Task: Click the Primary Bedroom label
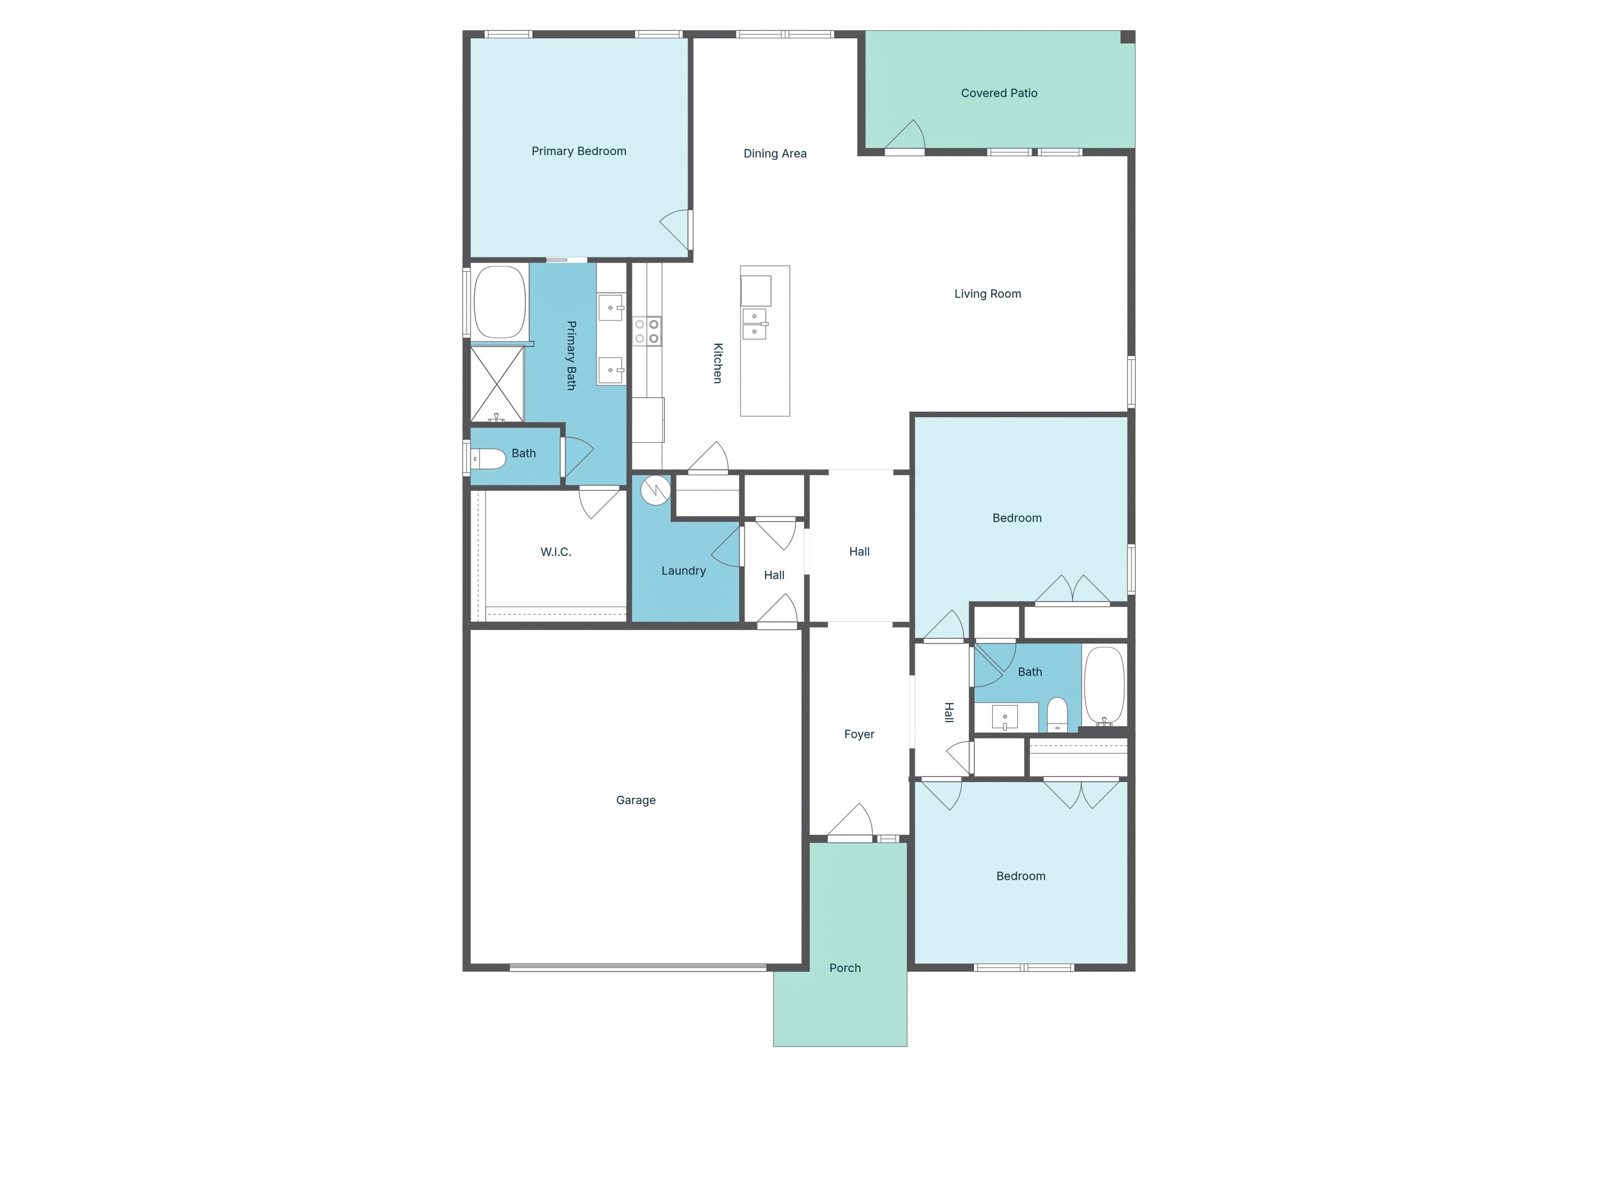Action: tap(578, 151)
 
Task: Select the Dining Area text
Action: tap(774, 153)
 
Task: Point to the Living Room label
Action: tap(987, 294)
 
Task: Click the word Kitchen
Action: tap(718, 363)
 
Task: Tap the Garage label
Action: tap(635, 800)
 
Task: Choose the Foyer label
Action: tap(859, 734)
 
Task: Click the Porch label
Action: tap(844, 968)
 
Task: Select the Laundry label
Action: tap(683, 571)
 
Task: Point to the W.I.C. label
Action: tap(556, 552)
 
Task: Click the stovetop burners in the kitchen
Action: tap(647, 331)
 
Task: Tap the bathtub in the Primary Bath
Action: tap(499, 302)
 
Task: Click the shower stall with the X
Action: tap(497, 384)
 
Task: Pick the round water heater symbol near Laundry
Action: tap(655, 490)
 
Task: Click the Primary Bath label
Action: tap(570, 355)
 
